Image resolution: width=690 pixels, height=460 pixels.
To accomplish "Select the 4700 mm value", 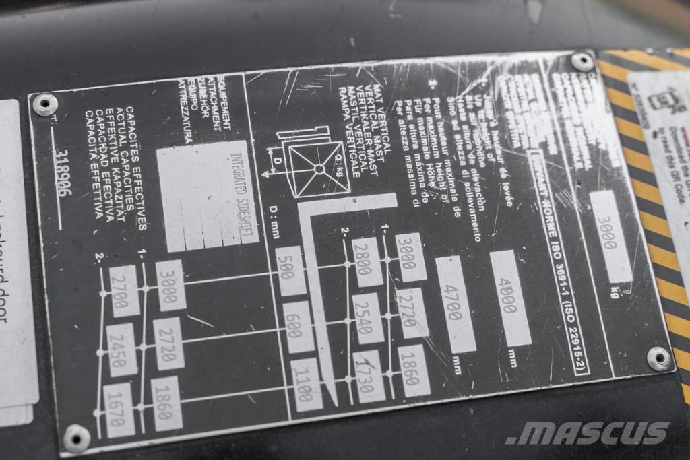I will (456, 304).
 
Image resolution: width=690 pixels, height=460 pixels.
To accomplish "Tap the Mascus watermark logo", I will (587, 432).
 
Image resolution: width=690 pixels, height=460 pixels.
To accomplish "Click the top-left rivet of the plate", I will (45, 104).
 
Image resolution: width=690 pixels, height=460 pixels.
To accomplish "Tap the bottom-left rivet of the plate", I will (75, 438).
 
